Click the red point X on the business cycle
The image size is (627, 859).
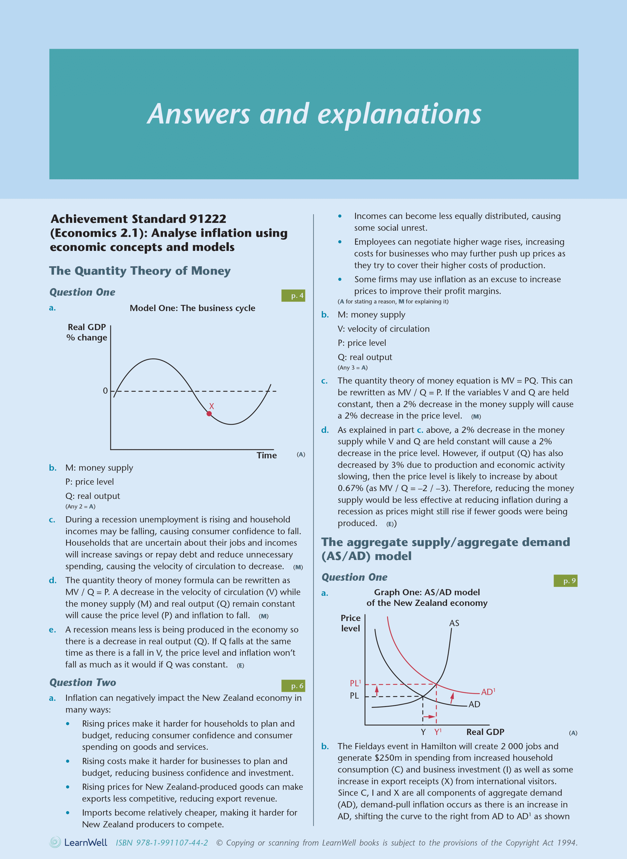[209, 414]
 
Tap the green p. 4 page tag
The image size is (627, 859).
[293, 296]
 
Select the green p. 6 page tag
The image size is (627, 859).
[293, 686]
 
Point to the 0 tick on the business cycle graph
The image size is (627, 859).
[105, 391]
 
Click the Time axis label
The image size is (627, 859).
[266, 455]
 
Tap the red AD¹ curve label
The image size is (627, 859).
[488, 692]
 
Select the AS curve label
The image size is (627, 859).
[454, 623]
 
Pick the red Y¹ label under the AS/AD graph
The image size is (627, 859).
[438, 732]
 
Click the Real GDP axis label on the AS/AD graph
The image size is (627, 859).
[485, 732]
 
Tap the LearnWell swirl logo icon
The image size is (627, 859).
[55, 842]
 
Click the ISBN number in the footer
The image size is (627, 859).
[162, 843]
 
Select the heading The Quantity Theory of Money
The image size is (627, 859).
[140, 271]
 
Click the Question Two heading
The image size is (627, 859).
[83, 682]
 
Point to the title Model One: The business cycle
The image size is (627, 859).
[192, 308]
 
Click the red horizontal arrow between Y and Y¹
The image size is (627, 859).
[429, 717]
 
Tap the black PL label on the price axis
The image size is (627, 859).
[354, 696]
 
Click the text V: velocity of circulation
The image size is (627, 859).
[383, 329]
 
